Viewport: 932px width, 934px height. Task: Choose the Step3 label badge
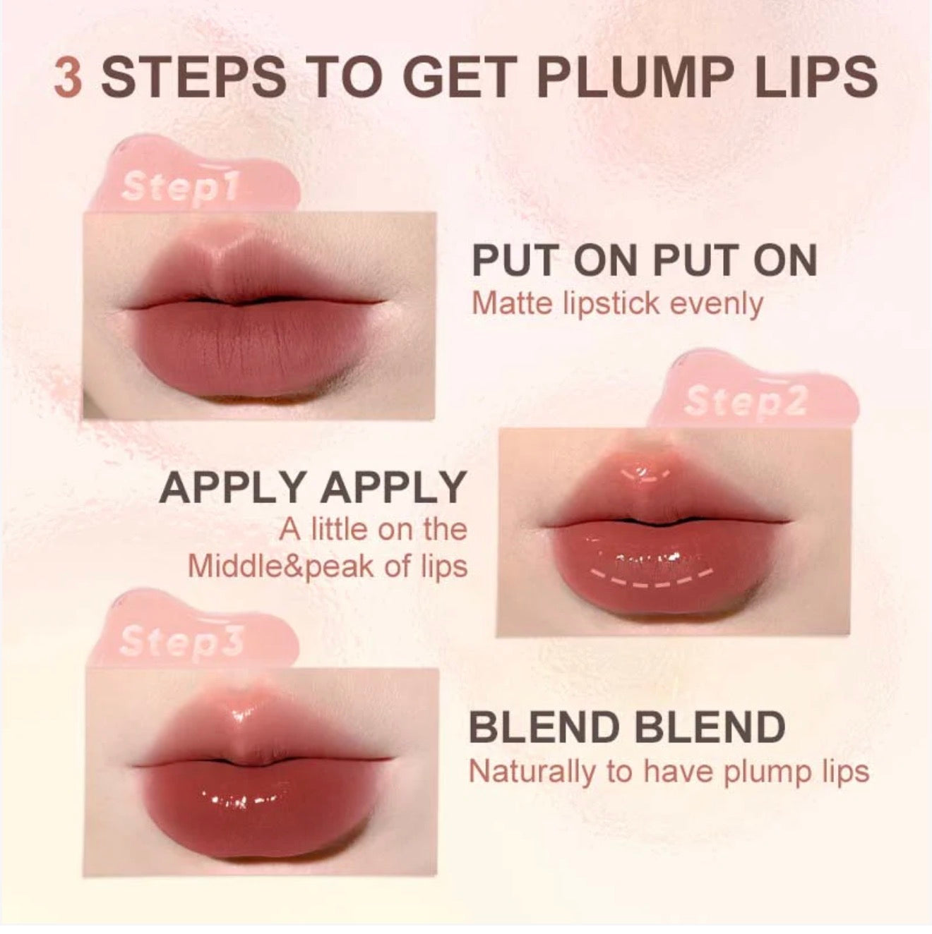tap(181, 640)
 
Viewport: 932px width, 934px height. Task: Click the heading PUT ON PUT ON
tap(644, 260)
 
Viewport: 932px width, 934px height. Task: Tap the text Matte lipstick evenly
tap(617, 304)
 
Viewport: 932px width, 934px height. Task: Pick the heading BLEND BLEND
tap(627, 727)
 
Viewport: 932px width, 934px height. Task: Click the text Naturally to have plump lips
tap(669, 771)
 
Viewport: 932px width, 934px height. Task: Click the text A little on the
tap(373, 529)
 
